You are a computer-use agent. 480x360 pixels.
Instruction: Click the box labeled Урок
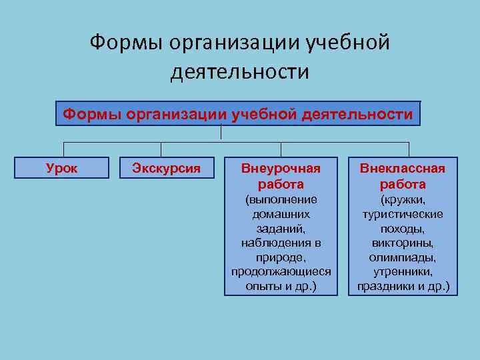(x=62, y=168)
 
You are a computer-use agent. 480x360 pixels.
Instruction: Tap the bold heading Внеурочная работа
(x=281, y=176)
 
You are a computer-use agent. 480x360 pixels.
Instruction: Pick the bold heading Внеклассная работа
(x=403, y=176)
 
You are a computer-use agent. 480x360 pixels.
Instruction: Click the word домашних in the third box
(x=281, y=214)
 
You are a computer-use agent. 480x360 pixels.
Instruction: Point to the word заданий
(x=281, y=229)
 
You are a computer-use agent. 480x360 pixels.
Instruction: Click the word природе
(x=281, y=258)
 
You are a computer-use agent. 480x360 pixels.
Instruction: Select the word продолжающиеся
(x=281, y=273)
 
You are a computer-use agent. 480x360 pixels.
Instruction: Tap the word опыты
(x=265, y=287)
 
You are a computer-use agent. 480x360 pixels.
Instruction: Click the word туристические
(x=403, y=214)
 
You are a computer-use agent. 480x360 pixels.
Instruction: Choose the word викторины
(x=403, y=243)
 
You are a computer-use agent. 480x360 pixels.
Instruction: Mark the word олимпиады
(x=403, y=258)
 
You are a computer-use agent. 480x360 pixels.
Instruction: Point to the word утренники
(x=403, y=273)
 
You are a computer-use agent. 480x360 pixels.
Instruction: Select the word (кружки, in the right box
(x=403, y=199)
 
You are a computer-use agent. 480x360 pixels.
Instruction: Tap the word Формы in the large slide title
(x=127, y=43)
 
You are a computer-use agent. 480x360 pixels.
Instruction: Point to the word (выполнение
(x=281, y=199)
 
